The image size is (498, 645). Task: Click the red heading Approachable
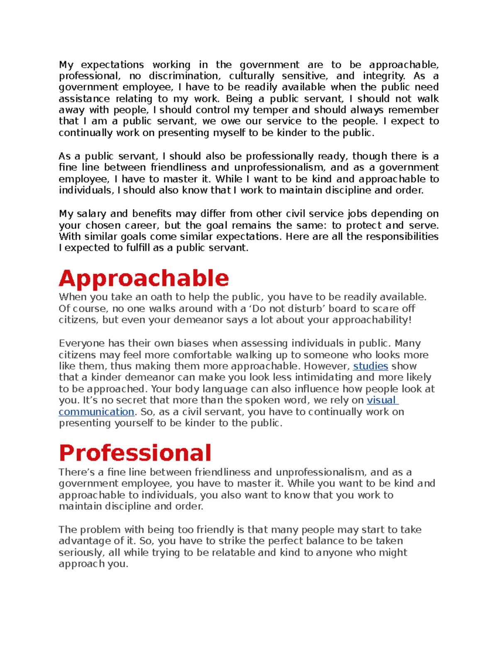pos(144,279)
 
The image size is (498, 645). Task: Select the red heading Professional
pos(135,453)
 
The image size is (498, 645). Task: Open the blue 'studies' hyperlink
pos(370,366)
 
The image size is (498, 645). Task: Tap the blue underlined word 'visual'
pos(381,400)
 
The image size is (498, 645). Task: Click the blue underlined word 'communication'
pos(96,412)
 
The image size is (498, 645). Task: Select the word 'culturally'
pos(251,76)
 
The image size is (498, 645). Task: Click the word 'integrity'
pos(384,76)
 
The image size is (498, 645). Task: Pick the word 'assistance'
pos(85,99)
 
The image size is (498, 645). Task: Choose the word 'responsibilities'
pos(402,237)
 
